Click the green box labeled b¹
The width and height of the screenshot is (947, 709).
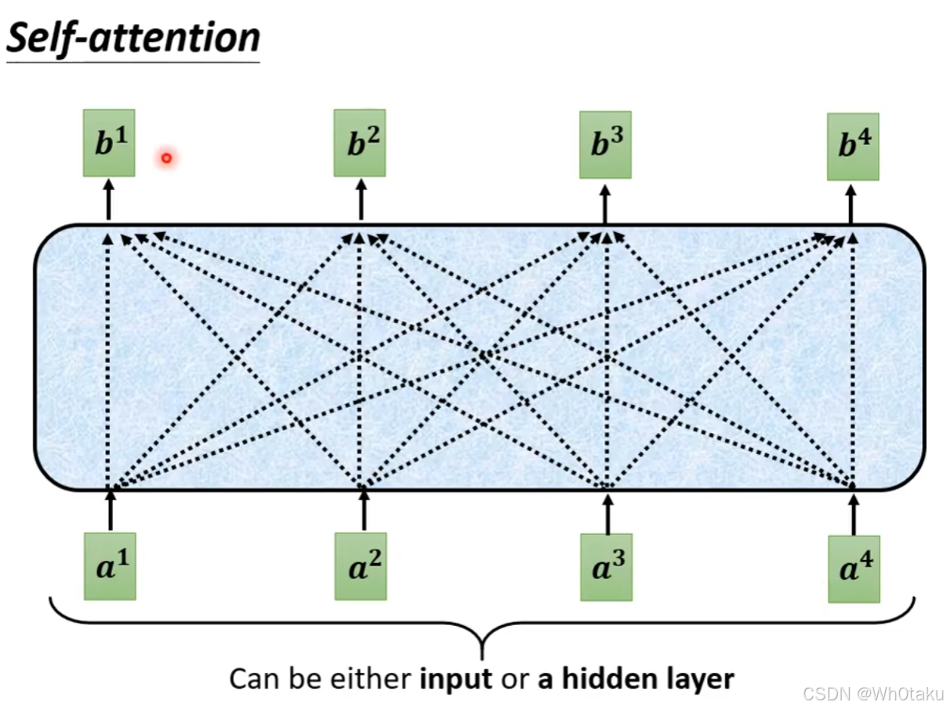pyautogui.click(x=109, y=143)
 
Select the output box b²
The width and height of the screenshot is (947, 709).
pyautogui.click(x=359, y=143)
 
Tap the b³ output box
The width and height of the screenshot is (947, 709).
pyautogui.click(x=605, y=145)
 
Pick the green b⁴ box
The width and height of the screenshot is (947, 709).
pyautogui.click(x=853, y=147)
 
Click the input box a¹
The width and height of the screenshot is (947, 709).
pyautogui.click(x=110, y=566)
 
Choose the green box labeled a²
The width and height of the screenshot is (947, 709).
pyautogui.click(x=360, y=566)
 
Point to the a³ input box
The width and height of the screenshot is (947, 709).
pyautogui.click(x=606, y=567)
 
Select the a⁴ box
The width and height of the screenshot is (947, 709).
pyautogui.click(x=854, y=569)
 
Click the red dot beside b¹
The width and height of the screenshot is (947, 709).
pyautogui.click(x=166, y=158)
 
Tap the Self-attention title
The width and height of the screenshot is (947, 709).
pyautogui.click(x=133, y=38)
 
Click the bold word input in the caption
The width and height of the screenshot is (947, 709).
pyautogui.click(x=457, y=678)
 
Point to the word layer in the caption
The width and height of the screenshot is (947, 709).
pyautogui.click(x=695, y=678)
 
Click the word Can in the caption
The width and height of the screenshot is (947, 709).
pyautogui.click(x=252, y=678)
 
